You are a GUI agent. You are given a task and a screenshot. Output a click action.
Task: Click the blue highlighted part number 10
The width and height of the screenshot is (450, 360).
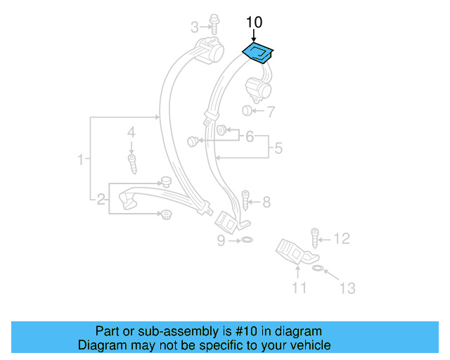pyautogui.click(x=258, y=53)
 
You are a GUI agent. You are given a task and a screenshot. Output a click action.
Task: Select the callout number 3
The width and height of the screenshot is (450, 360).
pyautogui.click(x=195, y=27)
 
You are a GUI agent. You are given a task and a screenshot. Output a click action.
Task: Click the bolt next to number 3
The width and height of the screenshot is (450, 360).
pyautogui.click(x=213, y=27)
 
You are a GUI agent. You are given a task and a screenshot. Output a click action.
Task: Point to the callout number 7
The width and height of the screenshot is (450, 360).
pyautogui.click(x=271, y=111)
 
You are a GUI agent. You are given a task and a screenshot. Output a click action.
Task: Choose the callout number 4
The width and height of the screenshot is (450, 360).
pyautogui.click(x=131, y=132)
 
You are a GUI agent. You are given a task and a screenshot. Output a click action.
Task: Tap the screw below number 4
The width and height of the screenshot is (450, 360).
pyautogui.click(x=131, y=164)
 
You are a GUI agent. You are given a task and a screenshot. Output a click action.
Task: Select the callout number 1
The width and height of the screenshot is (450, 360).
pyautogui.click(x=81, y=160)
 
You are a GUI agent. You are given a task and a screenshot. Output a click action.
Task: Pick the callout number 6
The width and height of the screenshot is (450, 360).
pyautogui.click(x=249, y=136)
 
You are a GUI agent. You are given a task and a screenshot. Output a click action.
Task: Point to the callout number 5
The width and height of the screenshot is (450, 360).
pyautogui.click(x=278, y=148)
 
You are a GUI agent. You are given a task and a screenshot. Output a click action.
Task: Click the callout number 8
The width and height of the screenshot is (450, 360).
pyautogui.click(x=266, y=202)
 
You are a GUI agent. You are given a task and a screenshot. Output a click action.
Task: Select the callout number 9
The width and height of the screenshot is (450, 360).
pyautogui.click(x=221, y=241)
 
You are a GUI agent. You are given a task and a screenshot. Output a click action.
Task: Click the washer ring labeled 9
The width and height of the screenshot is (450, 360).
pyautogui.click(x=246, y=241)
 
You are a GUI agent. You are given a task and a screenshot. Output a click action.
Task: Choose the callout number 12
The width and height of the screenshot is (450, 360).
pyautogui.click(x=341, y=240)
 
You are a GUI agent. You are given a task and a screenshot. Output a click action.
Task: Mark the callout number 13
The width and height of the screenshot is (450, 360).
pyautogui.click(x=347, y=288)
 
